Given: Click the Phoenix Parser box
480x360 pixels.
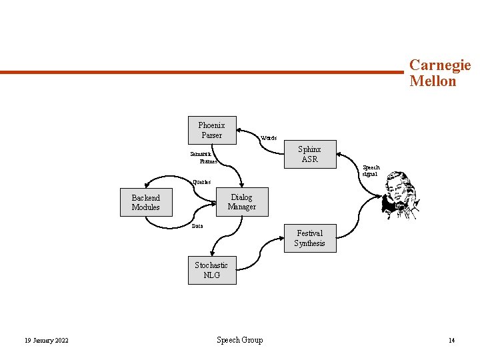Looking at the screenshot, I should coord(211,130).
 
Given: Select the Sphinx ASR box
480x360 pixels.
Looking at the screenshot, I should coord(309,154).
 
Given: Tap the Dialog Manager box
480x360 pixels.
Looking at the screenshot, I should coord(241,202).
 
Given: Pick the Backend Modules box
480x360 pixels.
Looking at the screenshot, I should coord(145,203).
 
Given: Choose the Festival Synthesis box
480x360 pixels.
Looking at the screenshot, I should coord(310,238).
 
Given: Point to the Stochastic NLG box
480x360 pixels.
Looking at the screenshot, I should coord(211,270).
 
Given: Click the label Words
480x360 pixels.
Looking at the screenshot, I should coord(269,138).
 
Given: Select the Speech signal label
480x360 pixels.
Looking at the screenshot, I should coord(371,171).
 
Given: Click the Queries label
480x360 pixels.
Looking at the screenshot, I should coord(201,182).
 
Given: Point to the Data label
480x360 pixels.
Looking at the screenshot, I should coord(197,226).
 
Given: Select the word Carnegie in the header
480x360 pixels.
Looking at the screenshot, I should coord(440,65).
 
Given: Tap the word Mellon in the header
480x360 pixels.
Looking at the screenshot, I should coord(433,82).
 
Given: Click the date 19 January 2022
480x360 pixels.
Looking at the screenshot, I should coord(46,341).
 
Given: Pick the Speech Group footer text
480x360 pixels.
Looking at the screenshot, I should coord(240,340).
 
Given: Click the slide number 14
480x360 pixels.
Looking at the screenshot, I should coord(451,341).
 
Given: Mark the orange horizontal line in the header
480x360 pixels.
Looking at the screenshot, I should coord(200,72).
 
